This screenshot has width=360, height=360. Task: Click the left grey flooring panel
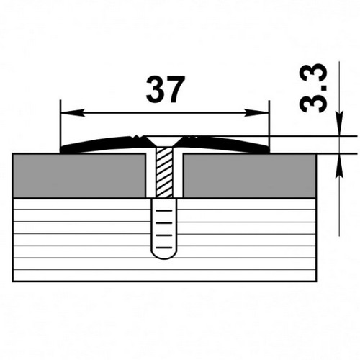[79, 174]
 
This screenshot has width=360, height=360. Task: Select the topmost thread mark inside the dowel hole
[164, 211]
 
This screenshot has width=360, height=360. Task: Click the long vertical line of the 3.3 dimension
[338, 202]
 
